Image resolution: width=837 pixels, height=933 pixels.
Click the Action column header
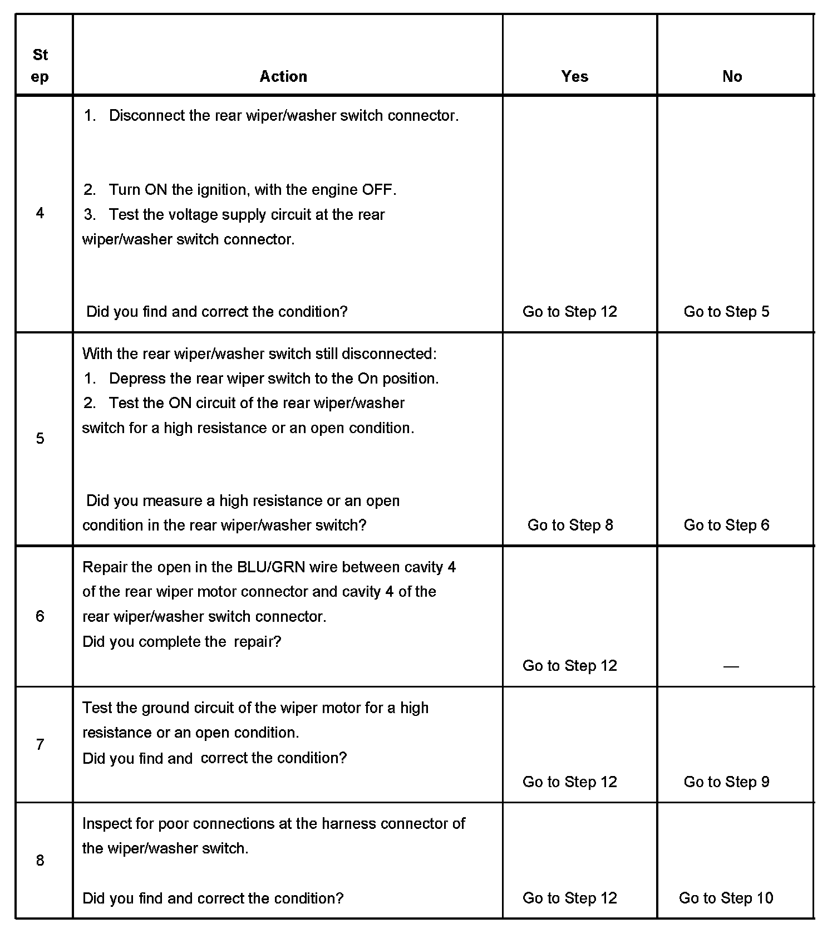click(x=283, y=76)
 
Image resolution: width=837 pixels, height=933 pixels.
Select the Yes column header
click(x=574, y=76)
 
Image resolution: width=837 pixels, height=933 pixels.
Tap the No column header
click(x=732, y=76)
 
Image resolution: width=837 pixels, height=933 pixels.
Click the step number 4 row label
click(x=40, y=213)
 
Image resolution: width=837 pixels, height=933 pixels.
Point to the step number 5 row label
click(x=40, y=439)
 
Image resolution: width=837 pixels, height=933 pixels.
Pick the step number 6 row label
click(x=40, y=616)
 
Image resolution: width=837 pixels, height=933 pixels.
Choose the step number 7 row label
click(x=40, y=745)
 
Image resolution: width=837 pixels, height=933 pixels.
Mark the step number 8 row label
click(x=40, y=861)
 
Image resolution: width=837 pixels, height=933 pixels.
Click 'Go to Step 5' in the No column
click(x=726, y=312)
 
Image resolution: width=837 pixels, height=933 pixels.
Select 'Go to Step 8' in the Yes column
click(x=570, y=525)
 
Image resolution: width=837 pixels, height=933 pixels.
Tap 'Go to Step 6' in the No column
click(x=726, y=525)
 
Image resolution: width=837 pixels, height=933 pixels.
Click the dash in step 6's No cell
click(x=731, y=666)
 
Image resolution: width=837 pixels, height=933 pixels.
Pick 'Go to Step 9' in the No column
click(x=726, y=782)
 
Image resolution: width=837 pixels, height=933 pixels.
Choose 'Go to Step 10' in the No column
click(x=726, y=898)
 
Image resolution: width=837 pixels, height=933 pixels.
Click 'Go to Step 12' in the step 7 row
click(x=570, y=782)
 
